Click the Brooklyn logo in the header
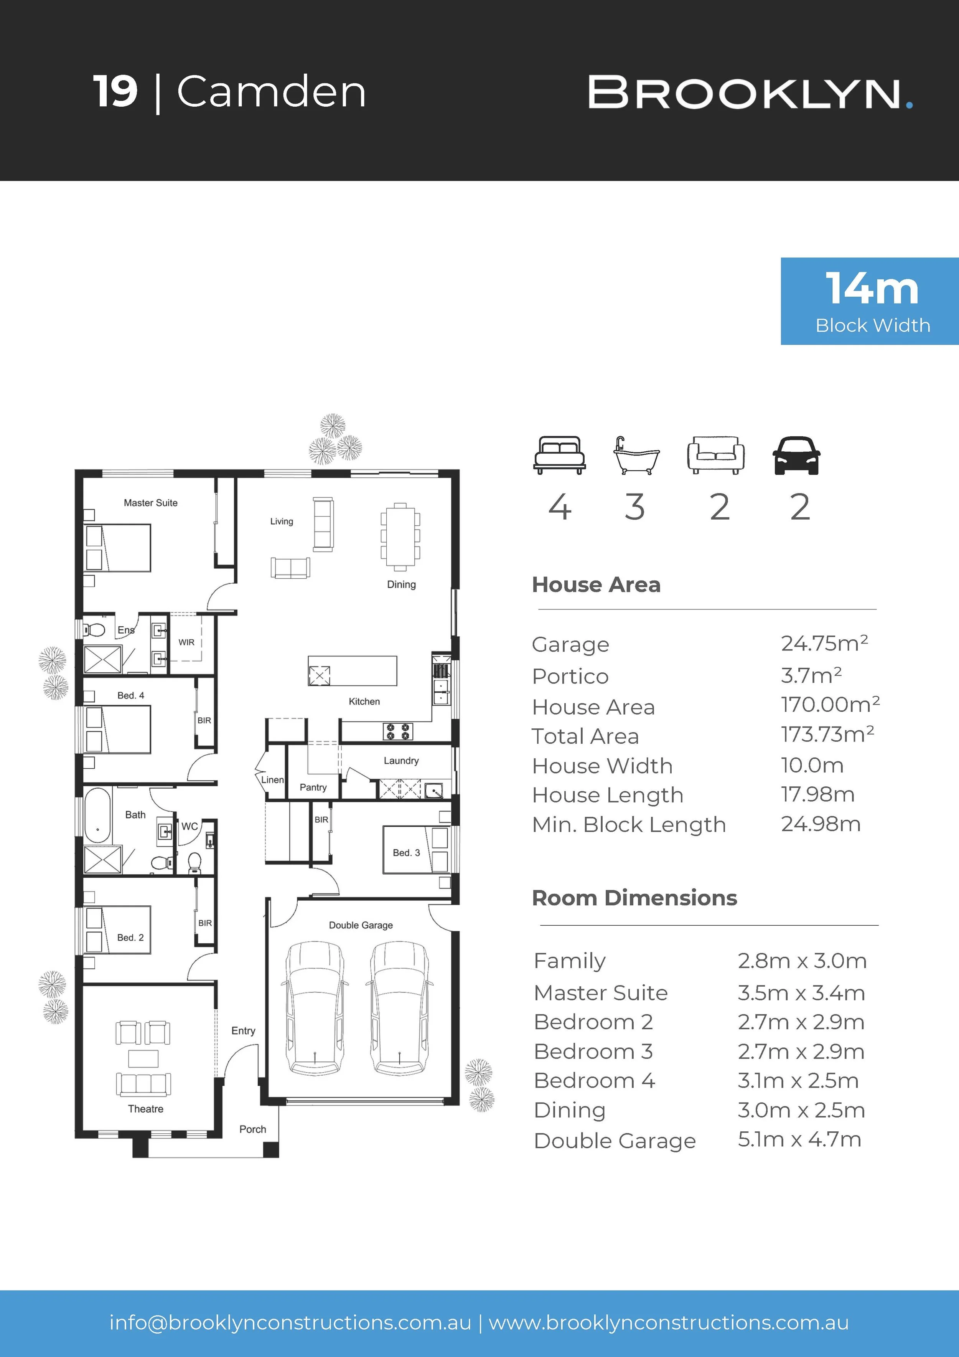(750, 93)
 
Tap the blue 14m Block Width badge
(869, 301)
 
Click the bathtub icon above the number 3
(636, 455)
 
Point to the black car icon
(796, 455)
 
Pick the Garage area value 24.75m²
(824, 643)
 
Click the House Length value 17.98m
(818, 794)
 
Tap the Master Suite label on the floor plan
(151, 503)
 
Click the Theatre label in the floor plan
(145, 1109)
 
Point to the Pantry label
(313, 787)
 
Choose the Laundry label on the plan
(401, 761)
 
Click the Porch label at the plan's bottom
(253, 1129)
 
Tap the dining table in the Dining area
(400, 537)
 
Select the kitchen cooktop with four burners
(398, 731)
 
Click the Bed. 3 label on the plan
(407, 853)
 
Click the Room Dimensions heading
(634, 898)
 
